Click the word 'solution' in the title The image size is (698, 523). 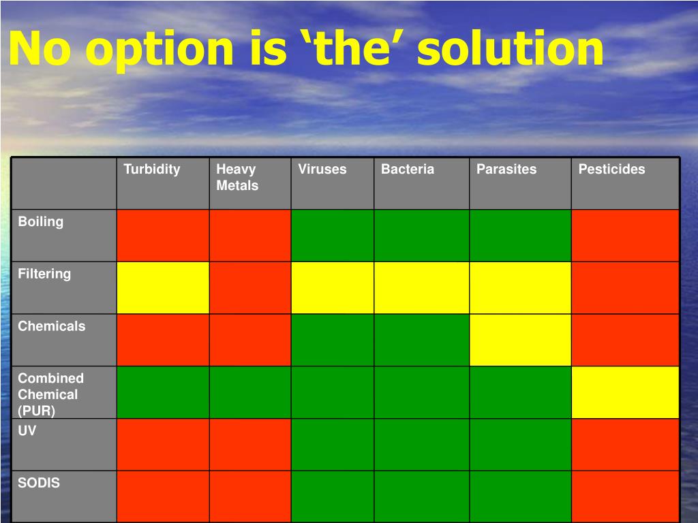(510, 48)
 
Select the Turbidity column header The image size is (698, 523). (152, 169)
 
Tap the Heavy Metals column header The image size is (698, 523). (237, 177)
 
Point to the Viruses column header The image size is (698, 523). (322, 169)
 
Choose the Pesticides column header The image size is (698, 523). (611, 169)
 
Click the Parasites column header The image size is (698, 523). (506, 169)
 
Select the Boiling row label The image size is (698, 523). (40, 221)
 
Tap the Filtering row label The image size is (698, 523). (44, 274)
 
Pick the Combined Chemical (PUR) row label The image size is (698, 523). (50, 394)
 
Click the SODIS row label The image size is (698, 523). (39, 483)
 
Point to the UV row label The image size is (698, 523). (27, 430)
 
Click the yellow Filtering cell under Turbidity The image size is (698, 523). (163, 288)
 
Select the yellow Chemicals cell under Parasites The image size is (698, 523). (520, 340)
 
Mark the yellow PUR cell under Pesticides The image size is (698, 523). (625, 392)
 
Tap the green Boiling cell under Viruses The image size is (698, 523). (332, 235)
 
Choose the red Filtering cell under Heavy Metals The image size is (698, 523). (249, 288)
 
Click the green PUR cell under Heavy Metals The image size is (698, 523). (249, 392)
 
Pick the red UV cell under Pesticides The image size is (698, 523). (625, 445)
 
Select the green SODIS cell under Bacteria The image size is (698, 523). (421, 496)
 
